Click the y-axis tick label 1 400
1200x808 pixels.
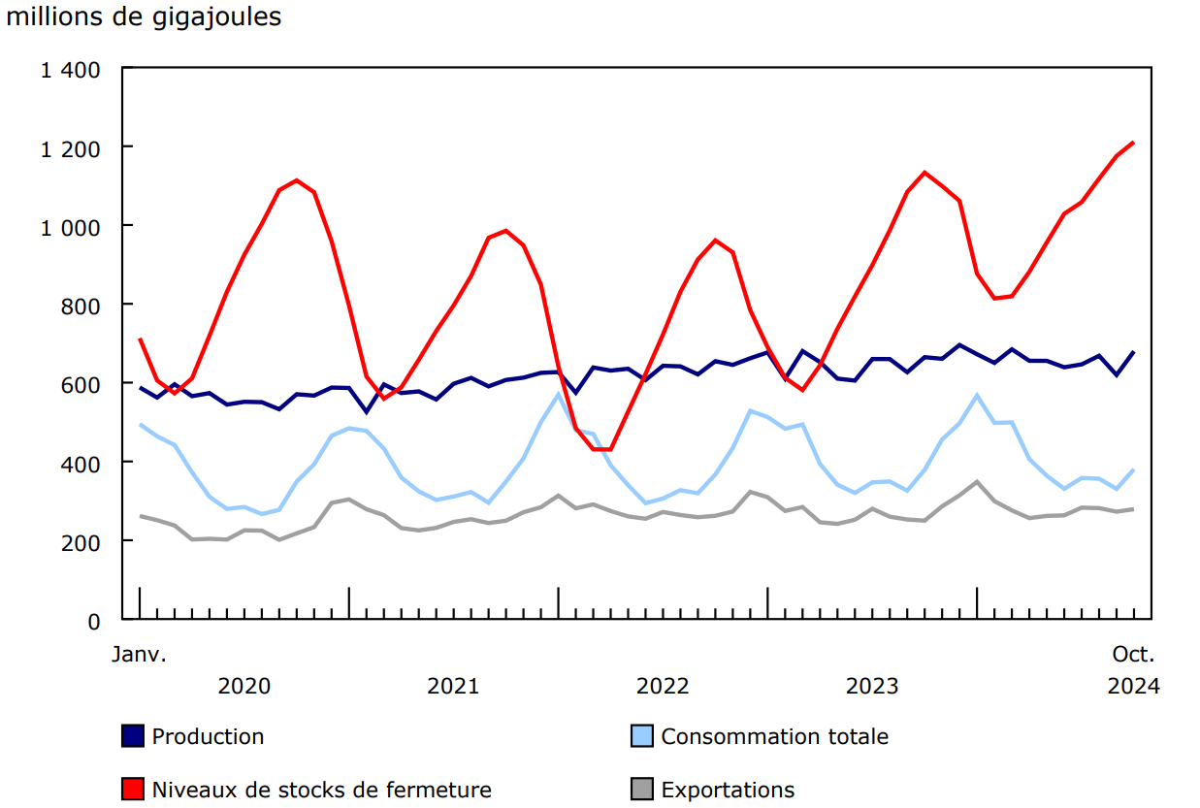[x=71, y=70]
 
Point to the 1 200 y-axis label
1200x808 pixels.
[x=71, y=148]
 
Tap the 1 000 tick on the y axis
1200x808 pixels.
[x=71, y=227]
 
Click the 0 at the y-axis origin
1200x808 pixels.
[x=94, y=621]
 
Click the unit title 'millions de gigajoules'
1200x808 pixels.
[x=144, y=17]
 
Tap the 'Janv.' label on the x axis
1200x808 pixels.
[x=139, y=654]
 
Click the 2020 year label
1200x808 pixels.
[x=244, y=686]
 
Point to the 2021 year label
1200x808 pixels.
[x=453, y=686]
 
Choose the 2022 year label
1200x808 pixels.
[x=663, y=686]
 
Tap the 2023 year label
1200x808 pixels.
[x=872, y=686]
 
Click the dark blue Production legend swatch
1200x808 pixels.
[x=133, y=736]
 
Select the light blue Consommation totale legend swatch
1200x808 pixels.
[x=641, y=736]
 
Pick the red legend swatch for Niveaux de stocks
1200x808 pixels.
[x=133, y=790]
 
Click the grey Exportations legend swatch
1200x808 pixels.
[x=641, y=790]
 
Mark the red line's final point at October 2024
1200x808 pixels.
[x=1133, y=143]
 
